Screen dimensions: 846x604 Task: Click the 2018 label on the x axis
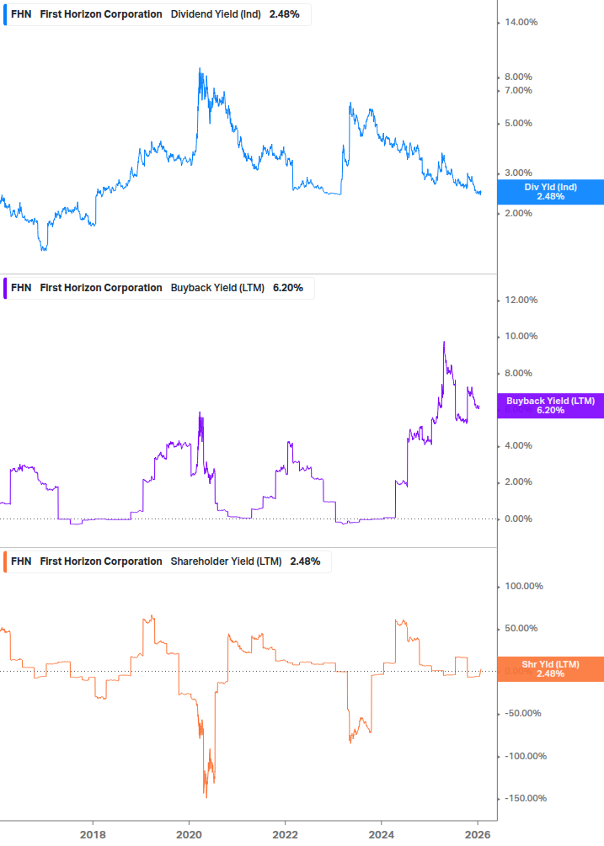click(93, 834)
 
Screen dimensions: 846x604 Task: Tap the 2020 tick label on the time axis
click(189, 834)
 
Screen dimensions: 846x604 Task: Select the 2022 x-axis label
click(286, 834)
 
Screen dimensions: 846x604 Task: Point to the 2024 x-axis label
click(382, 834)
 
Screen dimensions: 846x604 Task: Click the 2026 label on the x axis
click(478, 834)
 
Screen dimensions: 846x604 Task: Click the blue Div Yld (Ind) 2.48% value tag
click(550, 192)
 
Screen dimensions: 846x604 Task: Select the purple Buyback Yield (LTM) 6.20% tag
click(550, 406)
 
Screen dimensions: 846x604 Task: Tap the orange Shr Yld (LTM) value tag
click(550, 669)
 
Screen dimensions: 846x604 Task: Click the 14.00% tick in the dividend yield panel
click(521, 23)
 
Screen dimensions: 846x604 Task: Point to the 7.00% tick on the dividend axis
click(518, 90)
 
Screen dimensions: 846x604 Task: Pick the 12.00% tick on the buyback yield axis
click(521, 301)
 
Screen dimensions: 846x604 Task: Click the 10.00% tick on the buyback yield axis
click(521, 337)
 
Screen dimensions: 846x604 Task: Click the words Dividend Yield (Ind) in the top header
click(216, 14)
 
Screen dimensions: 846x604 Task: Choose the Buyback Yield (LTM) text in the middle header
click(217, 288)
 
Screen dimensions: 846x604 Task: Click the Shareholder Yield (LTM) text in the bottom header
click(226, 561)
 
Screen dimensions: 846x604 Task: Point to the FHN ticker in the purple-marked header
click(21, 288)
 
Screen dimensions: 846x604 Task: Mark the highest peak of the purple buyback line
click(444, 342)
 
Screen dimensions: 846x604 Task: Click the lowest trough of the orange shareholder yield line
click(206, 796)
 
